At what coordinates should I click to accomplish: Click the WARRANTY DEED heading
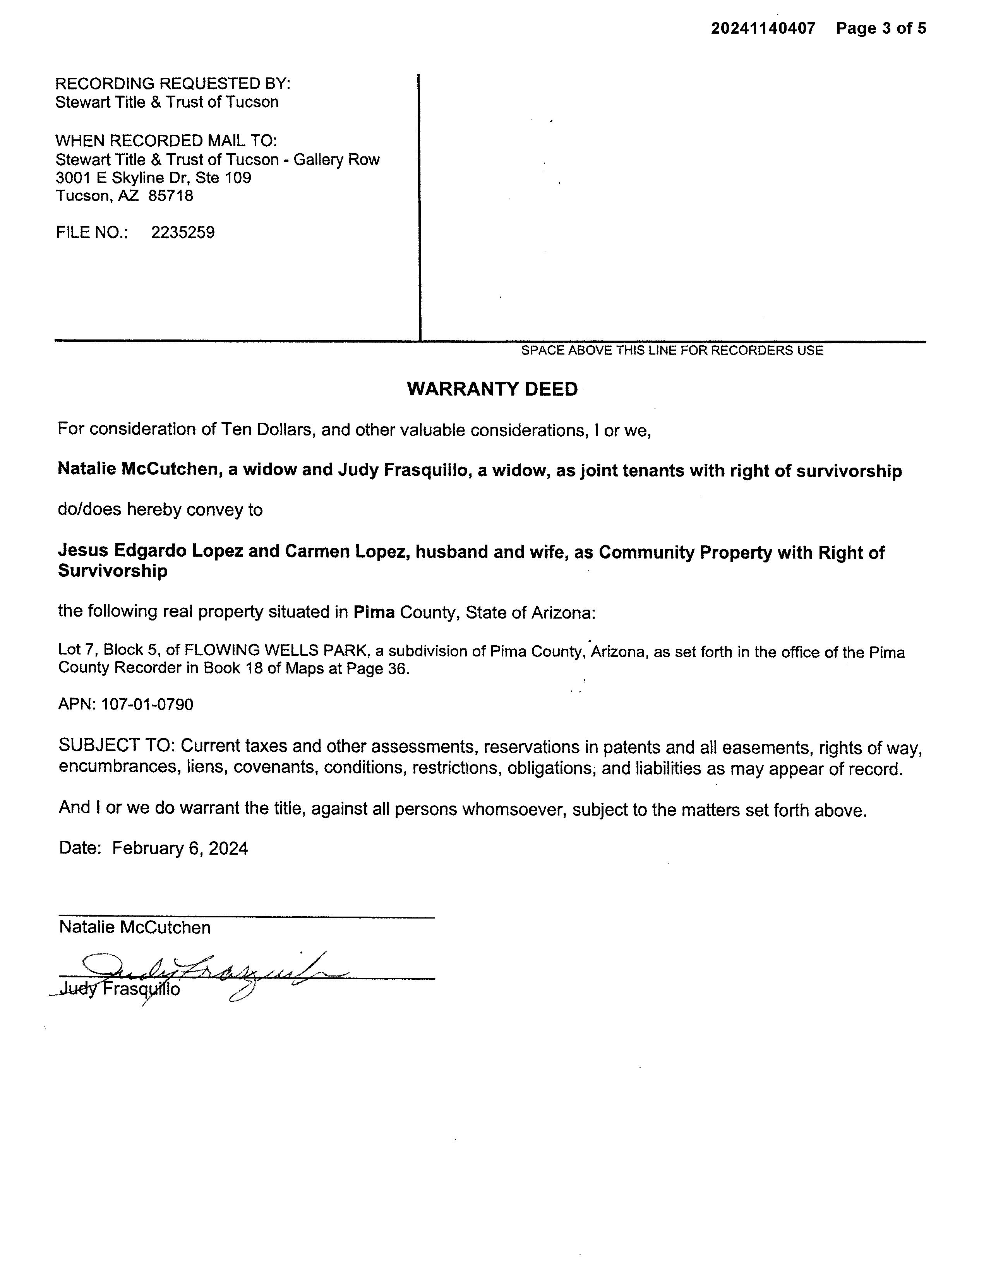click(492, 389)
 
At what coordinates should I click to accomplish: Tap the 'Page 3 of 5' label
click(881, 28)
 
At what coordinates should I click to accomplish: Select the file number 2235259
click(183, 233)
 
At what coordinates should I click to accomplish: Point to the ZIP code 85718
click(170, 195)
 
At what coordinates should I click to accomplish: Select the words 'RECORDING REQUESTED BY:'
click(173, 83)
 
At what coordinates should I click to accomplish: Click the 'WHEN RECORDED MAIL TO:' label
click(166, 141)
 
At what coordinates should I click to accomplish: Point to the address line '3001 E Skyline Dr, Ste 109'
click(153, 177)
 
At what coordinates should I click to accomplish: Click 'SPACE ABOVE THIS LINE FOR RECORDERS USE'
click(672, 350)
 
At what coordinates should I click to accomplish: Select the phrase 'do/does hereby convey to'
click(160, 509)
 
